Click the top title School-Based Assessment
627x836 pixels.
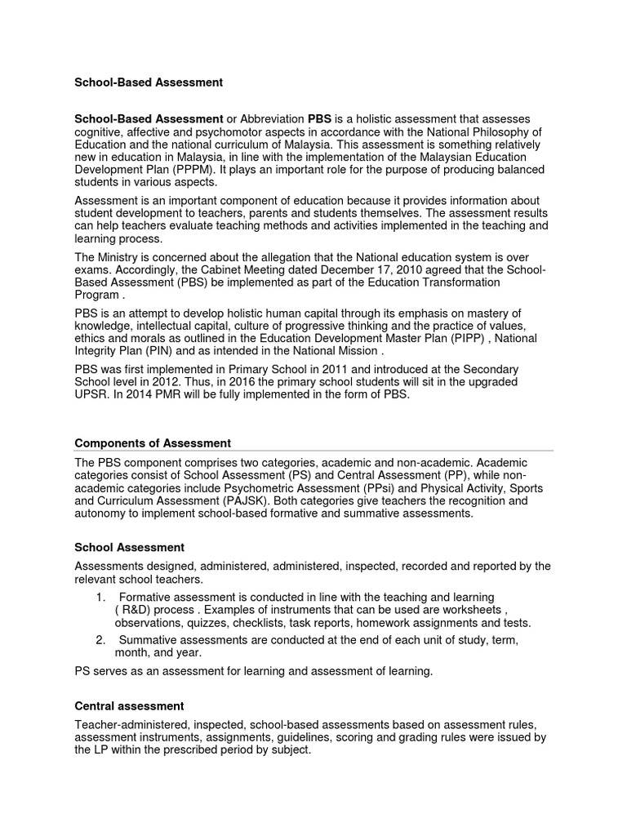point(149,82)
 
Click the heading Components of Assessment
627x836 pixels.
point(153,442)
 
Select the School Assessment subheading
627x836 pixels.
point(129,547)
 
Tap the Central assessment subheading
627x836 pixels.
point(129,705)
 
